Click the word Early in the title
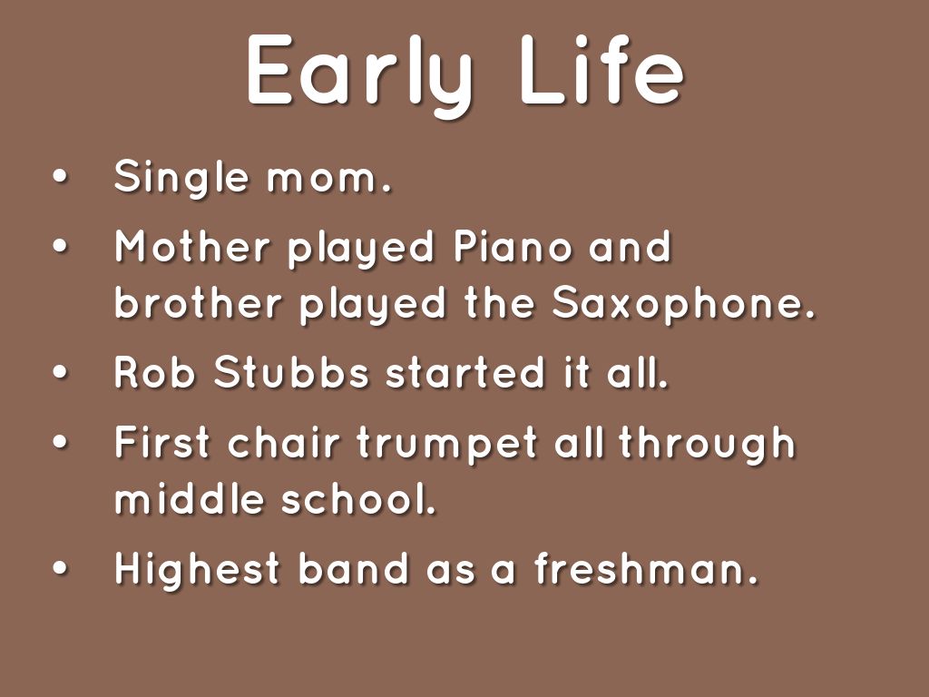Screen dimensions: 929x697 [359, 74]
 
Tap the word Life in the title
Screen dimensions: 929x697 [602, 70]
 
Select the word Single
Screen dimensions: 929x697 [181, 179]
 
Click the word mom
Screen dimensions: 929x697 [328, 179]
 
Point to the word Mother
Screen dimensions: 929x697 [192, 246]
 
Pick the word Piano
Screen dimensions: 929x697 [513, 245]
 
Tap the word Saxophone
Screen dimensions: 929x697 [684, 305]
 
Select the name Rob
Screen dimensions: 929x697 [154, 373]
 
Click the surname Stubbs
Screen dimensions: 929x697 [291, 373]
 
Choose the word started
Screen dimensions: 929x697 [464, 373]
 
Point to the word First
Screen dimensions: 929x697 [161, 442]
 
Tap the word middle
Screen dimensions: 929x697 [189, 498]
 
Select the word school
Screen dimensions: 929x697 [358, 498]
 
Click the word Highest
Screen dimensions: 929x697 [197, 570]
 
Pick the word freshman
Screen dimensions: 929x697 [646, 568]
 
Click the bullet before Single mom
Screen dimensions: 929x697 [61, 177]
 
